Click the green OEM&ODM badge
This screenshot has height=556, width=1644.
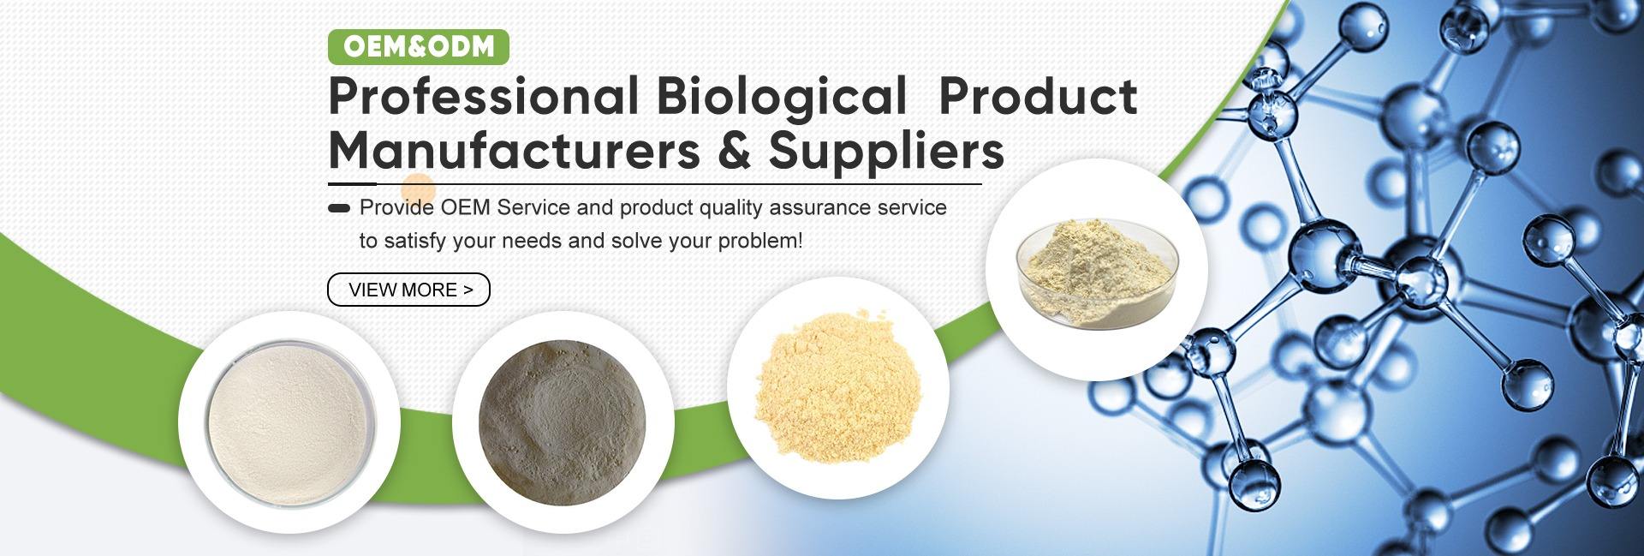(x=419, y=47)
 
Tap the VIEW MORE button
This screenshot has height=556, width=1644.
(x=409, y=290)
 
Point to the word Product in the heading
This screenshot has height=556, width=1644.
(x=1039, y=96)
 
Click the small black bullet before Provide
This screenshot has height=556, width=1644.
(x=339, y=208)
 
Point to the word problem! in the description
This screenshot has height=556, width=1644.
(x=760, y=242)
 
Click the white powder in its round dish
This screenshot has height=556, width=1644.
(x=289, y=422)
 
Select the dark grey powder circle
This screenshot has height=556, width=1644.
(x=562, y=422)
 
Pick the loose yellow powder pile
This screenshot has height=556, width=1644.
(x=837, y=389)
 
